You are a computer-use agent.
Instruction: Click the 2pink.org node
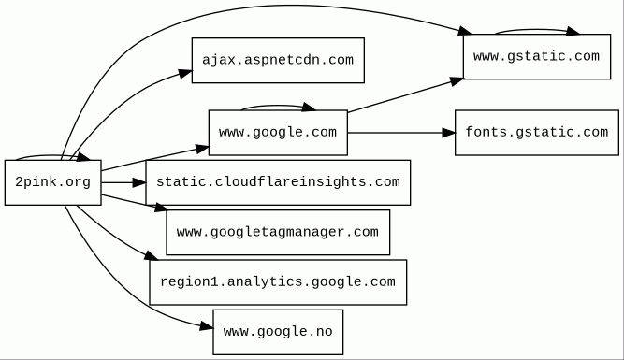pos(53,182)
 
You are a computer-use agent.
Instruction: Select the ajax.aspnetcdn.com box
pos(278,61)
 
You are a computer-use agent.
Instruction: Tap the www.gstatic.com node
pos(537,56)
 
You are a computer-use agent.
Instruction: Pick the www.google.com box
pos(278,133)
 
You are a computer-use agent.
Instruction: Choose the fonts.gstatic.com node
pos(537,133)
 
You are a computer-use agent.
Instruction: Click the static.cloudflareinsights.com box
pos(278,182)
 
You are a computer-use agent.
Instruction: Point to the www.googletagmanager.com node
pos(278,232)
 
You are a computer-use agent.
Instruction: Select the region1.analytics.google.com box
pos(278,282)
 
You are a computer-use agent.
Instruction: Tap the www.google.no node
pos(278,332)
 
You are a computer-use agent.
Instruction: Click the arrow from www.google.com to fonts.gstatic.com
pos(401,133)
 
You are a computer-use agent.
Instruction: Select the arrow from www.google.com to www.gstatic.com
pos(405,95)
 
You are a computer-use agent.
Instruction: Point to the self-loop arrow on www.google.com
pos(278,106)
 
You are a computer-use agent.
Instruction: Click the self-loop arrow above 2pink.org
pos(51,156)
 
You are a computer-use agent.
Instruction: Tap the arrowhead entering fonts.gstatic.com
pos(449,133)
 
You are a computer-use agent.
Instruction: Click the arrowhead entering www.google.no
pos(207,327)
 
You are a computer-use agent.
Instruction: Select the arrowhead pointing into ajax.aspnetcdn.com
pos(185,74)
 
